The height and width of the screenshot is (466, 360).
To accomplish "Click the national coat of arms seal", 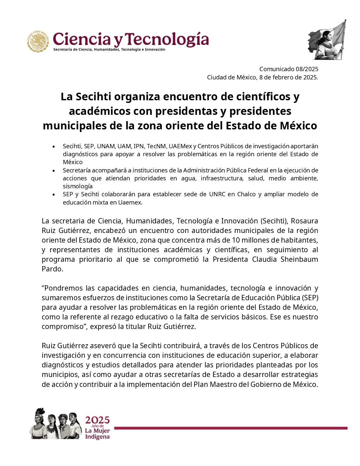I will coord(38,41).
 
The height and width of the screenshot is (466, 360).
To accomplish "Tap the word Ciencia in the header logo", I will coord(81,39).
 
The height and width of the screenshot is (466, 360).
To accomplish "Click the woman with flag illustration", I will coord(327,40).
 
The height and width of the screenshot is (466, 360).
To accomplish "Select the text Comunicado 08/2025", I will coord(289,69).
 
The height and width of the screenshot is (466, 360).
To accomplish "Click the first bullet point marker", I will coord(54,146).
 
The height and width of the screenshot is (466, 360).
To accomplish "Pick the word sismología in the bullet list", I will coord(78,186).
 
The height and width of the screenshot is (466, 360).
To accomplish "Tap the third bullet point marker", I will coord(54,195).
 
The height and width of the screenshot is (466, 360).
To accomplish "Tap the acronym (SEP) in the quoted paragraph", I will coord(310,298).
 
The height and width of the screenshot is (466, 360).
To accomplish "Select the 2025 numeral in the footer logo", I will coord(97,420).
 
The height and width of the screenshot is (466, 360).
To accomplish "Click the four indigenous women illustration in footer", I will coord(56,424).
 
